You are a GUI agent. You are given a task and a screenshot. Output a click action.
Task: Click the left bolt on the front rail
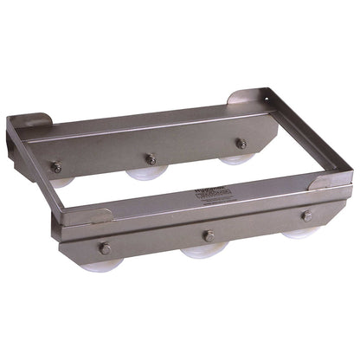[x=105, y=249]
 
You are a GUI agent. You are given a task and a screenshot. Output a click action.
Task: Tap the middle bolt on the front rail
[x=208, y=235]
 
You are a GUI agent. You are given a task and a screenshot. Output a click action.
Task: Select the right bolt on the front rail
[x=307, y=215]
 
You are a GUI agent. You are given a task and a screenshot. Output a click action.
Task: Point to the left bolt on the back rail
[x=55, y=168]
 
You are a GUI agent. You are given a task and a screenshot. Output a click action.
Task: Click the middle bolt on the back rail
[x=150, y=157]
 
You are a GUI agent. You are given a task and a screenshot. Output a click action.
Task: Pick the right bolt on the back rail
[x=241, y=144]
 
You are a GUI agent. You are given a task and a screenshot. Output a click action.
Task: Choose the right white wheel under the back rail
[x=232, y=159]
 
